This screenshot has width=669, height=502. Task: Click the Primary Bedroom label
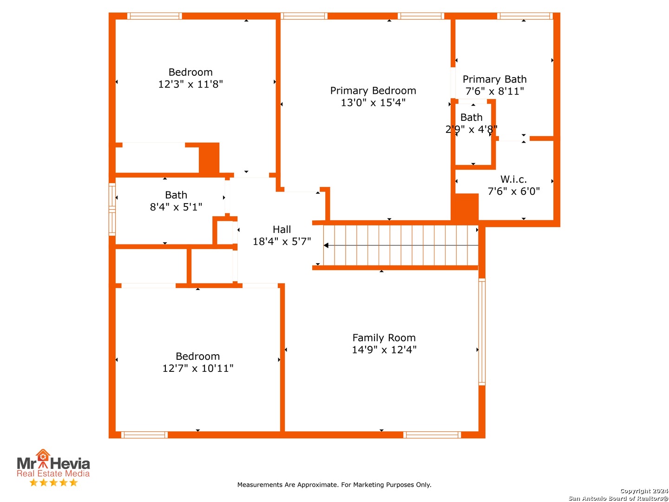373,91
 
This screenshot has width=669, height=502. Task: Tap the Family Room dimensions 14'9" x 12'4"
384,350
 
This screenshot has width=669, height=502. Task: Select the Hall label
282,229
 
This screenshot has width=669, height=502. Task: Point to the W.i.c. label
513,179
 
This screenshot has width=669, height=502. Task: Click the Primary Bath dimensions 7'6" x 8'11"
494,91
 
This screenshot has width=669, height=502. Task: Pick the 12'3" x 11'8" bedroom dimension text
190,84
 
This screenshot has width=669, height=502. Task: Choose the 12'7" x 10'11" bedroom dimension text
197,368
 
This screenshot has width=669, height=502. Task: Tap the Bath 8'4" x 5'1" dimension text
176,207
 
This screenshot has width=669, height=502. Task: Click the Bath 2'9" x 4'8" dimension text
471,129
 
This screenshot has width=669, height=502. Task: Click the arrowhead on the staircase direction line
326,245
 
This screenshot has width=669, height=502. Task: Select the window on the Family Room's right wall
482,332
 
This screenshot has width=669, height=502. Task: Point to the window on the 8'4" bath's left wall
112,209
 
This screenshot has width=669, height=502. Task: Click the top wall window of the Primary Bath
525,16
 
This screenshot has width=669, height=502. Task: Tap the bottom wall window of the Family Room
432,435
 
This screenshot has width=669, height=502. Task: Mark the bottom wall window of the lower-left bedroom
144,435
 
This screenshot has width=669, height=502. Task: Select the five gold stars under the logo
53,482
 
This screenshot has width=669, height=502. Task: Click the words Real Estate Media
53,473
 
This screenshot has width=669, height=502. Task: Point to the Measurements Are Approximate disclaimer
334,485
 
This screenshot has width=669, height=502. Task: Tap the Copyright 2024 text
644,491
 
